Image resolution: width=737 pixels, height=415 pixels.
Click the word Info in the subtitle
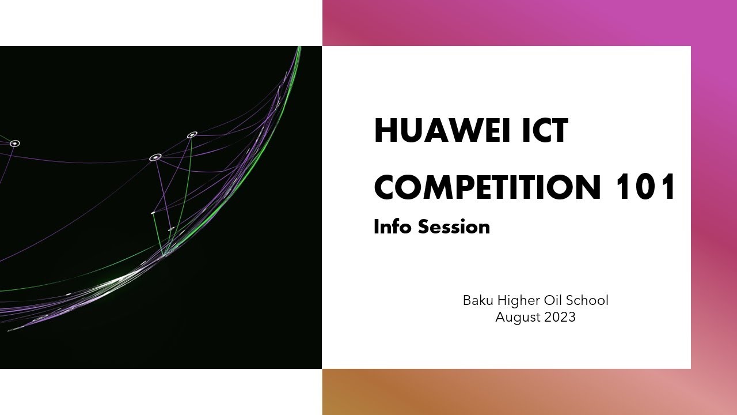pos(392,227)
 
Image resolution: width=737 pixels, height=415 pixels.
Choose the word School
pos(587,300)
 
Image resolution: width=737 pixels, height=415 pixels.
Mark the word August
pos(517,318)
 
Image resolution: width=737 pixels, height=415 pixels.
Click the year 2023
pos(559,317)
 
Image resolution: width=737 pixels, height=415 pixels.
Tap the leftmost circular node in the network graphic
pos(15,143)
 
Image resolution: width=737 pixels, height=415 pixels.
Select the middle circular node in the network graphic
pos(155,157)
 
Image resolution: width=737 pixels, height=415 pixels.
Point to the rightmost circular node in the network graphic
pos(192,135)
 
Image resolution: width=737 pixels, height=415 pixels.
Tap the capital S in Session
pos(424,227)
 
